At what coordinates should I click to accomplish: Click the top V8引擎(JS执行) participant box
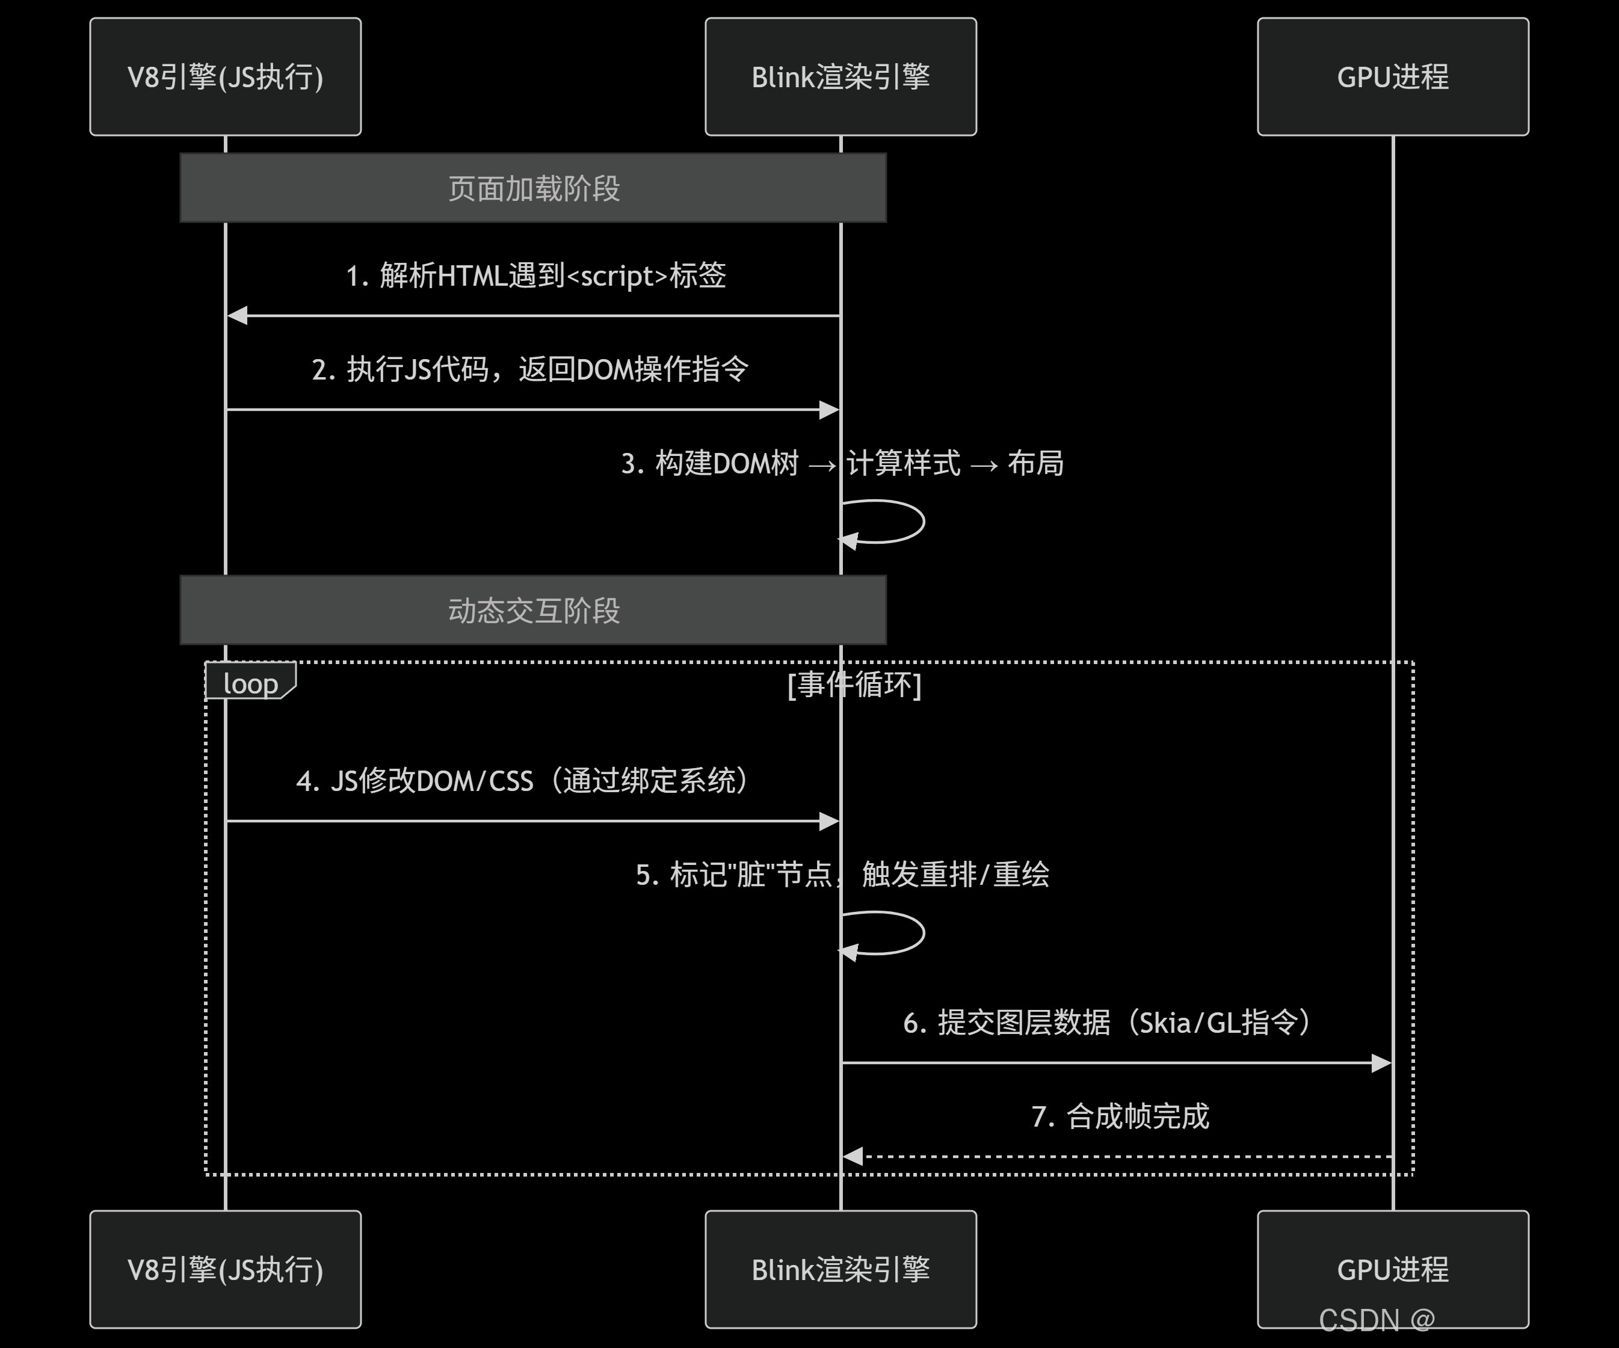click(x=225, y=77)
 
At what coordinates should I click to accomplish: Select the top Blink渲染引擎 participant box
click(x=840, y=77)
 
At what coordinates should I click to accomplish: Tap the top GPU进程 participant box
click(x=1392, y=77)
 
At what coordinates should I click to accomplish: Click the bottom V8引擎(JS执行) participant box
click(x=225, y=1269)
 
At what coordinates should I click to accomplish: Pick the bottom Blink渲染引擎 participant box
click(x=840, y=1269)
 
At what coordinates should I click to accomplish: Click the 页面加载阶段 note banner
click(x=534, y=188)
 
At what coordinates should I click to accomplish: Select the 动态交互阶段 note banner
click(x=534, y=610)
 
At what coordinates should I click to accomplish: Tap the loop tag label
click(x=250, y=683)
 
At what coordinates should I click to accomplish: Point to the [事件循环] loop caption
click(x=854, y=684)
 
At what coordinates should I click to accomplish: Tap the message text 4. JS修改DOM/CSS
click(x=523, y=781)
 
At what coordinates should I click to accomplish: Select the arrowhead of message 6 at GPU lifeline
click(x=1381, y=1063)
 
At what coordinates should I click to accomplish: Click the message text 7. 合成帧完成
click(x=1120, y=1116)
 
